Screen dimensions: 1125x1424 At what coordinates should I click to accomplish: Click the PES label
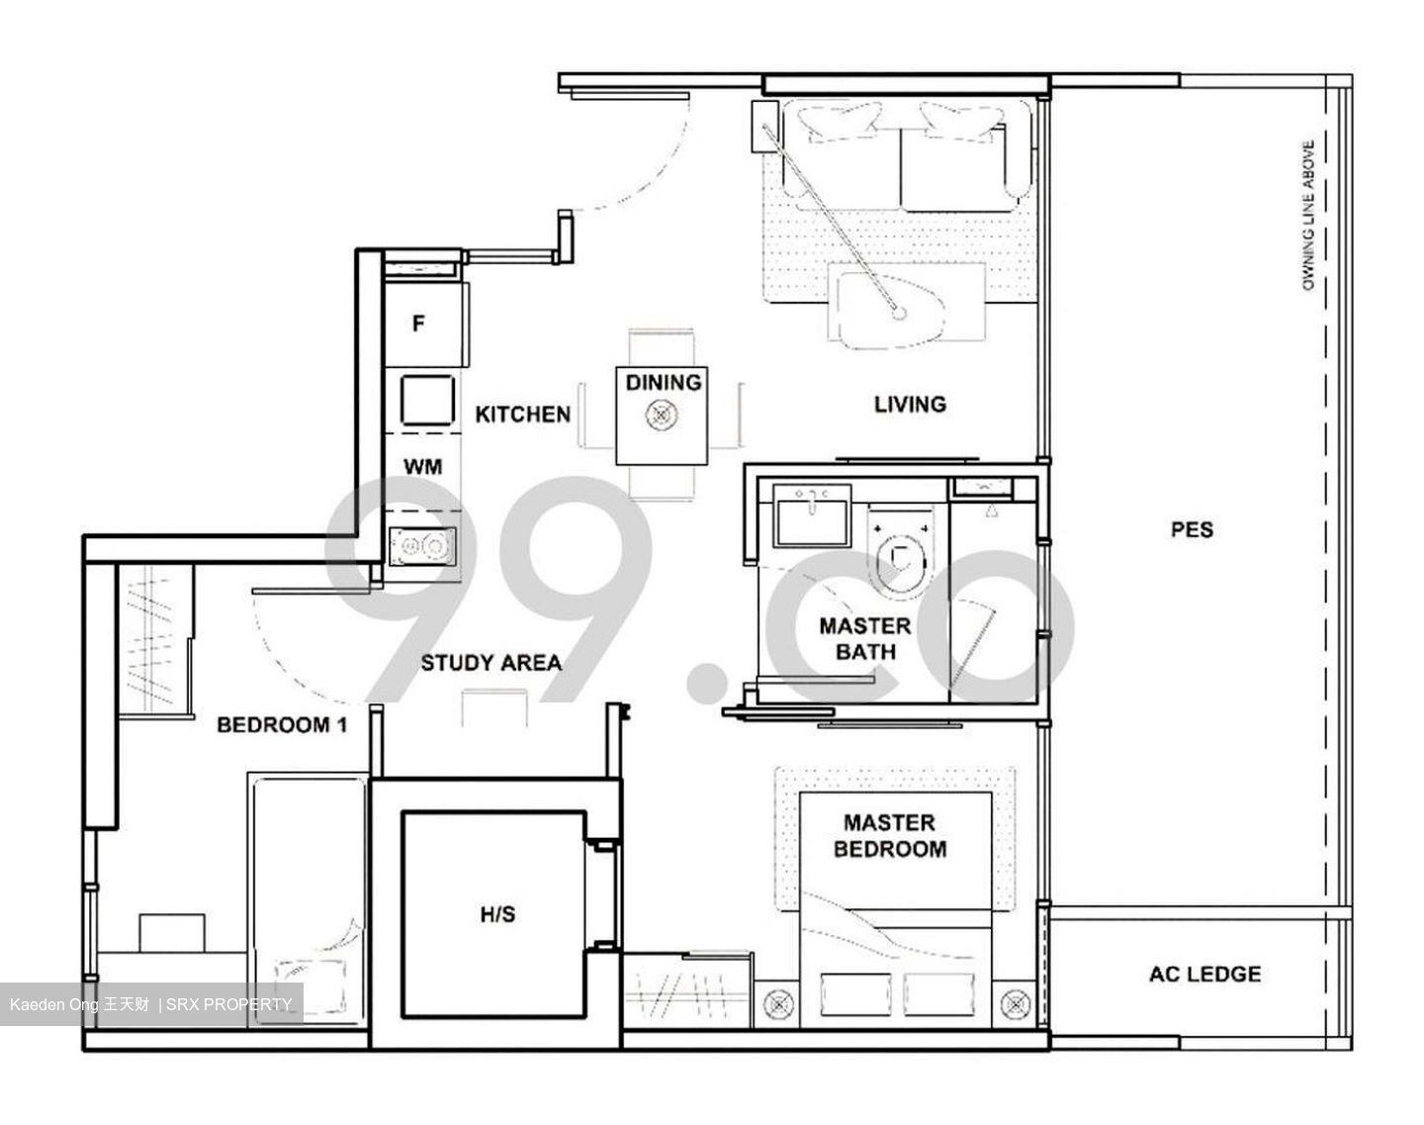tap(1191, 529)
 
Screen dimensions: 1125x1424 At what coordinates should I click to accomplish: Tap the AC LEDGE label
tap(1204, 974)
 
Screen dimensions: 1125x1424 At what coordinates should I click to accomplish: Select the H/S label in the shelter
tap(496, 914)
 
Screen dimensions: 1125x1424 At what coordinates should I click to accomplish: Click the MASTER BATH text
tap(864, 638)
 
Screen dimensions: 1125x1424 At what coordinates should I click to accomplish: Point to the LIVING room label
tap(909, 404)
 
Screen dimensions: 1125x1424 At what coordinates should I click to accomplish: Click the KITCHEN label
tap(522, 414)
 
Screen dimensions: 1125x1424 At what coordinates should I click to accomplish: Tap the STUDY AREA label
tap(490, 662)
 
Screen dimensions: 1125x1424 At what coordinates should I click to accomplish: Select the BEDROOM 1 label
tap(281, 725)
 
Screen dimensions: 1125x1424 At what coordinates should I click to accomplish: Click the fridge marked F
tap(419, 324)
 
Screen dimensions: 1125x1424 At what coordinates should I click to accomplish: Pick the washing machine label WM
tap(422, 466)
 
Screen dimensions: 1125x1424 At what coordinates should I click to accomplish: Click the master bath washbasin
tap(811, 516)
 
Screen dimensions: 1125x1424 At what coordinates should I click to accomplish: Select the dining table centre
tap(661, 417)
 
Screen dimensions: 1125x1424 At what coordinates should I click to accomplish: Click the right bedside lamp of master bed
tap(1015, 1003)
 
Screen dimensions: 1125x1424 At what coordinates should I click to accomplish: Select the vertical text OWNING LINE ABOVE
tap(1307, 216)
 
